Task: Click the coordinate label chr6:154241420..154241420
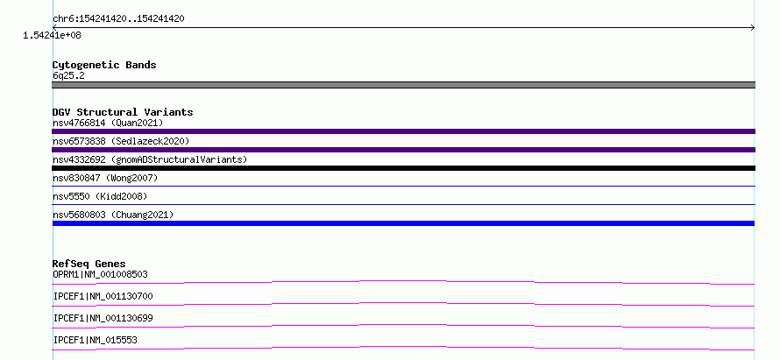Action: tap(118, 19)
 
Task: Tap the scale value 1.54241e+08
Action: tap(53, 35)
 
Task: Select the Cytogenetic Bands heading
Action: tap(104, 65)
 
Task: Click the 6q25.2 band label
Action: tap(68, 75)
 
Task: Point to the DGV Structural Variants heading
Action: tap(123, 112)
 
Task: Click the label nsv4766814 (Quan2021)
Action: tap(108, 123)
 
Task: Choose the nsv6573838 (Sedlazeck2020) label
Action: tap(121, 141)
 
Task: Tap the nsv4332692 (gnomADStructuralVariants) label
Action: tap(150, 159)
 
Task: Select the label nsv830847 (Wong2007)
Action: tap(105, 178)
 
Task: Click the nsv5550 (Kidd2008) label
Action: tap(100, 196)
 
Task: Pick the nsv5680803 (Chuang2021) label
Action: tap(113, 215)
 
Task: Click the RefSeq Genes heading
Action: tap(89, 264)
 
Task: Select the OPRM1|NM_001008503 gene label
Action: tap(100, 274)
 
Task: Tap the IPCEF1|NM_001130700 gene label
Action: tap(103, 296)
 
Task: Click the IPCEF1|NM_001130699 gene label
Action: tap(103, 318)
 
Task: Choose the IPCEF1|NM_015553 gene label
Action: tap(95, 340)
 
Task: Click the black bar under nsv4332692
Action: tap(403, 168)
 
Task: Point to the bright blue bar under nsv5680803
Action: tap(403, 223)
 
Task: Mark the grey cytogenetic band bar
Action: tap(403, 85)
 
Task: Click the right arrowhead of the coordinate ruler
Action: tap(754, 28)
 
